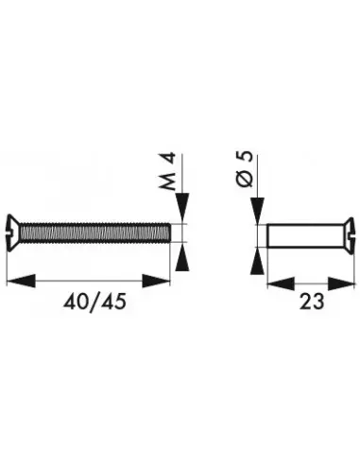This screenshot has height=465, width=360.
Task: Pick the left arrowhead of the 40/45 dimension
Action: point(19,279)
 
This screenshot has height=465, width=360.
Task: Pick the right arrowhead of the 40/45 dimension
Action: point(161,279)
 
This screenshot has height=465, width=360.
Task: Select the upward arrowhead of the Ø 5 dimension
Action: point(255,261)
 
